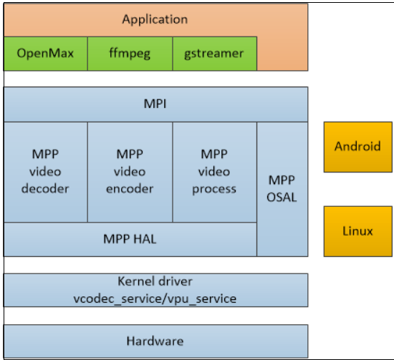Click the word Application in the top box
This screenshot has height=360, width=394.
(x=155, y=19)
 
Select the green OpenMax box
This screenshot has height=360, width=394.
(x=46, y=54)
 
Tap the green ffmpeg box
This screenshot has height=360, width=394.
(x=130, y=54)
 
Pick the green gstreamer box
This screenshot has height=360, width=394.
(x=214, y=54)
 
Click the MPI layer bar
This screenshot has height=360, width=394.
(x=155, y=104)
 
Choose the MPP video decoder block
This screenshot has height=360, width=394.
(x=46, y=172)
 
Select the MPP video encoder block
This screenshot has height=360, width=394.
(x=130, y=172)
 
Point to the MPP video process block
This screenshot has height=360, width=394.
(x=214, y=172)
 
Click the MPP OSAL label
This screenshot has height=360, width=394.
(x=282, y=188)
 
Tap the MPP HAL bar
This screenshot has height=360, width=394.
(x=130, y=239)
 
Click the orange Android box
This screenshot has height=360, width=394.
(x=357, y=147)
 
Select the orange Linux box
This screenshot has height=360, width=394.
(x=357, y=231)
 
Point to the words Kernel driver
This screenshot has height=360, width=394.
(x=155, y=282)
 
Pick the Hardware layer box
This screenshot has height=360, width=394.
(x=155, y=341)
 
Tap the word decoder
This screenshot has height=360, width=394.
(x=46, y=189)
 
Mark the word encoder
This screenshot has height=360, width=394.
(x=130, y=189)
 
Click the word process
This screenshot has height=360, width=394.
(x=214, y=189)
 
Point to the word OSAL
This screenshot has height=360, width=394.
(x=282, y=196)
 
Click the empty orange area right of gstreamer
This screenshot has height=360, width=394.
(x=282, y=54)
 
